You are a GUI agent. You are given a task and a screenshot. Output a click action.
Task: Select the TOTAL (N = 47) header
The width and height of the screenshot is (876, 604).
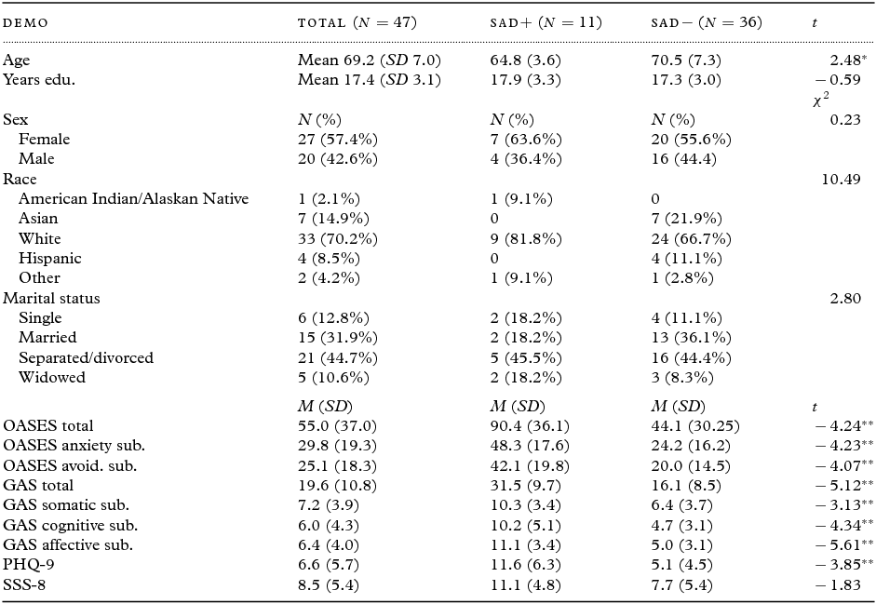click(357, 21)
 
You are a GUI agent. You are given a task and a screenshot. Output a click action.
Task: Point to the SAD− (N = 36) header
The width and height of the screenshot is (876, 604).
click(707, 21)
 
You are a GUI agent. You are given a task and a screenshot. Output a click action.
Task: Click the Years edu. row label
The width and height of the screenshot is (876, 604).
click(39, 79)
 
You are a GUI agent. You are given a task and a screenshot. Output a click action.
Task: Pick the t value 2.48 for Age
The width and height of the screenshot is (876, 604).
click(840, 60)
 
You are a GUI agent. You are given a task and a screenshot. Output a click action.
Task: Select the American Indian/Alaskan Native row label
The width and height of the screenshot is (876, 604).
click(134, 198)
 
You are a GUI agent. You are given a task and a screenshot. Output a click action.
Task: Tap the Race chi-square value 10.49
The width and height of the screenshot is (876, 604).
click(842, 179)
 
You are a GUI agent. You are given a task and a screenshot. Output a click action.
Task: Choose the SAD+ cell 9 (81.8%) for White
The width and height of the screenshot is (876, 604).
click(525, 238)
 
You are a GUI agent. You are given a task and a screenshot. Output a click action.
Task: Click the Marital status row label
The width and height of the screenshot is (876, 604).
click(52, 298)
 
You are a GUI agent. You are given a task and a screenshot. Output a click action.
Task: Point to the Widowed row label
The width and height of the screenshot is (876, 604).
click(52, 377)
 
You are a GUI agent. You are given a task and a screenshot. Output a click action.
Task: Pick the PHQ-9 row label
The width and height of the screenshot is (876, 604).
click(26, 564)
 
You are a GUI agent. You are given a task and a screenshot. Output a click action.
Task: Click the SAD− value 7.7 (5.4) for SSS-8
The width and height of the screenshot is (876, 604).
click(683, 584)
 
